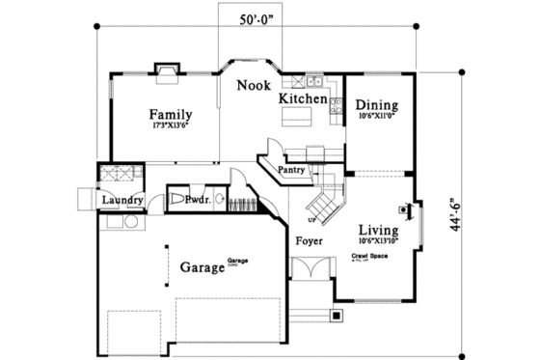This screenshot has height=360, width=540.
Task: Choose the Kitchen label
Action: [303, 98]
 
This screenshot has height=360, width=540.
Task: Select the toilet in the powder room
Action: [178, 200]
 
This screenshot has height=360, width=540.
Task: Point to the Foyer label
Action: [309, 240]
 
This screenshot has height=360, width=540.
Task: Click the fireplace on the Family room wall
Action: [166, 70]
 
